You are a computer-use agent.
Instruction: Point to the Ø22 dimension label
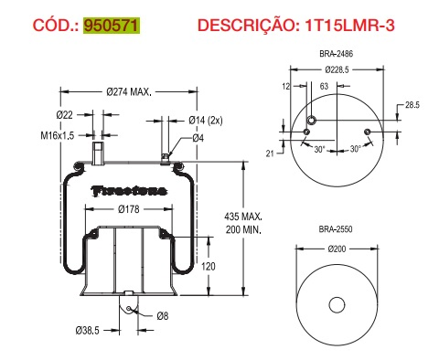(65, 114)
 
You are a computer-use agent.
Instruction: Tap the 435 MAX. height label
(243, 217)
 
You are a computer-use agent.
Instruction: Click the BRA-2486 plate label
(337, 56)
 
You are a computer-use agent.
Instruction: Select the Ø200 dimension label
(337, 248)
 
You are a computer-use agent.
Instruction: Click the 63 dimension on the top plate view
(323, 85)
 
